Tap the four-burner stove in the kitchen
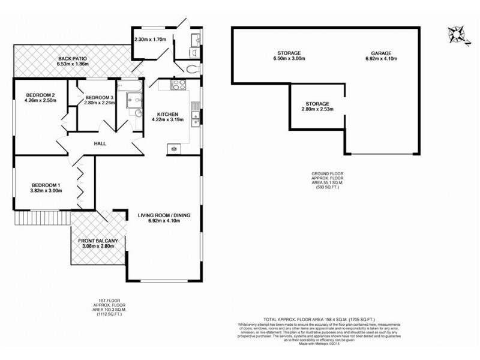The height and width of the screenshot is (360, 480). (x=179, y=85)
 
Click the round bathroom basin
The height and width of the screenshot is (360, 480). (x=138, y=112)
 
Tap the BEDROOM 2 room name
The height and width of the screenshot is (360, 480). (x=40, y=95)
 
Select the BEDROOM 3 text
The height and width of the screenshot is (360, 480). (x=99, y=98)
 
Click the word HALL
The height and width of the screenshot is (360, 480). (x=100, y=144)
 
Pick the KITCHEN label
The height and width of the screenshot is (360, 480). (x=166, y=114)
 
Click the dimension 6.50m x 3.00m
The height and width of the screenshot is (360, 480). (x=285, y=59)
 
